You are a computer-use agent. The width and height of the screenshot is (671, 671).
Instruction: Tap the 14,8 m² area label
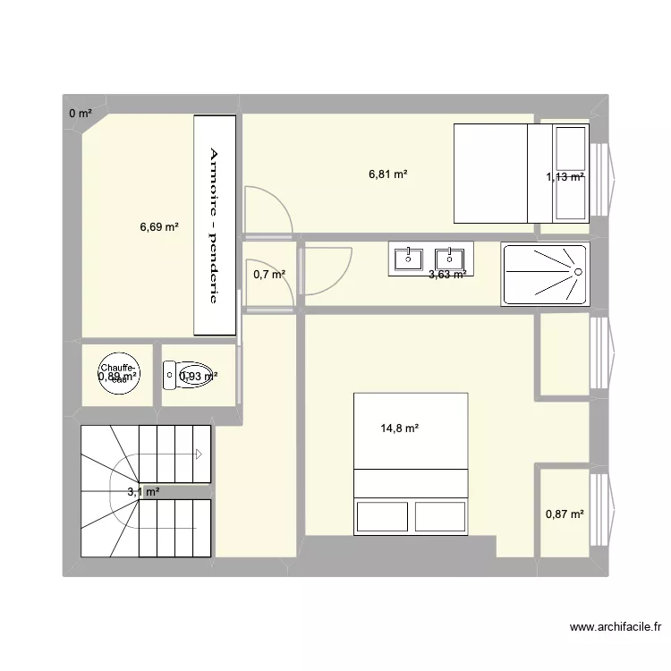[399, 429]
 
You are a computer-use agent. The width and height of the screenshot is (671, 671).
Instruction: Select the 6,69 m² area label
[159, 227]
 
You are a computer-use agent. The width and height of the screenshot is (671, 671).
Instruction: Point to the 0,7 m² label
[269, 275]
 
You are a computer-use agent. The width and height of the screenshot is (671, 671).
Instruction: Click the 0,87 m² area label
[565, 514]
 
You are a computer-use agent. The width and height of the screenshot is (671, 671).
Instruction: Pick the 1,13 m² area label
[565, 176]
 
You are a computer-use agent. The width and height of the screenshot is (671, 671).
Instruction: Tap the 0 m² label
[81, 113]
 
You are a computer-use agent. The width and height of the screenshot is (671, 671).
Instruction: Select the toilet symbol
[188, 376]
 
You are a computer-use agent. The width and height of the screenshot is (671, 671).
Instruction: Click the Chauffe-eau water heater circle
[118, 375]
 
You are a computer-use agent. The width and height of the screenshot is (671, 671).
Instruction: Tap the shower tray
[544, 273]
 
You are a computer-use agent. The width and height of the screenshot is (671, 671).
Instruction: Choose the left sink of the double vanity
[409, 258]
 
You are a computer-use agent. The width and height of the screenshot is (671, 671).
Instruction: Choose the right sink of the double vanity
[450, 258]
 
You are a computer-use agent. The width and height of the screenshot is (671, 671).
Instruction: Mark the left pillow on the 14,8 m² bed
[383, 517]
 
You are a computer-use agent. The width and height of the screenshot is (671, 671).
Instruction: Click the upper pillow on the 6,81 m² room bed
[570, 148]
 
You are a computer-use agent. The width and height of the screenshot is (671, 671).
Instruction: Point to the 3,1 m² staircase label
[143, 491]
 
